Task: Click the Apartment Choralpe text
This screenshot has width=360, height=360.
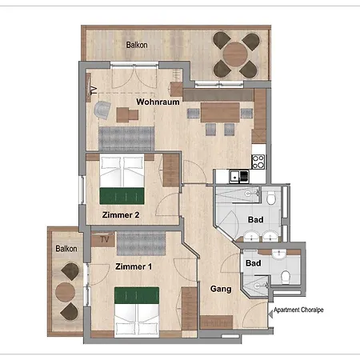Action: point(302,310)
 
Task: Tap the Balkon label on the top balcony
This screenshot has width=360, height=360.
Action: point(137,46)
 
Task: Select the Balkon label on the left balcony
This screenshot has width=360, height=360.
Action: point(66,248)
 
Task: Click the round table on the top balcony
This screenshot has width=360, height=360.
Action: point(235,54)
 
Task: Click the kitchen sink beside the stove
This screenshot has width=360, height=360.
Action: point(238,175)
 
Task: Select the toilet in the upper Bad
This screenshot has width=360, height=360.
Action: point(273,198)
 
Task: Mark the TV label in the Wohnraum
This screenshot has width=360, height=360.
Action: point(94,90)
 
